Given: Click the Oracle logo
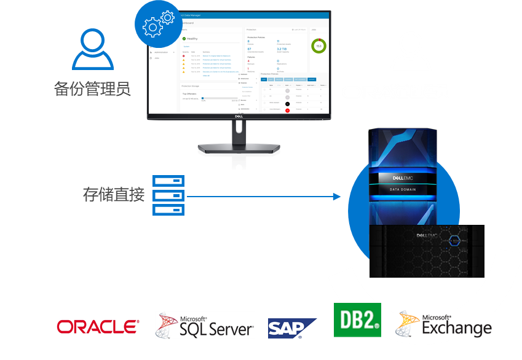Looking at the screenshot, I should click(98, 326).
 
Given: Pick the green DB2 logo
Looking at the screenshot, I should click(357, 320).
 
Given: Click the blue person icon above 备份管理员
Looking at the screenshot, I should click(92, 50).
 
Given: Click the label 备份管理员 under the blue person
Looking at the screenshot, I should click(92, 89).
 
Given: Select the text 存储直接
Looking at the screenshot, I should click(114, 195).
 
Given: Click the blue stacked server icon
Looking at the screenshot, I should click(168, 195).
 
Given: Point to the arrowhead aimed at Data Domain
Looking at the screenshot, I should click(336, 197).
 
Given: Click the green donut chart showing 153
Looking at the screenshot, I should click(318, 45).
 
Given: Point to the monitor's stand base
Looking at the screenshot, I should click(239, 149).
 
